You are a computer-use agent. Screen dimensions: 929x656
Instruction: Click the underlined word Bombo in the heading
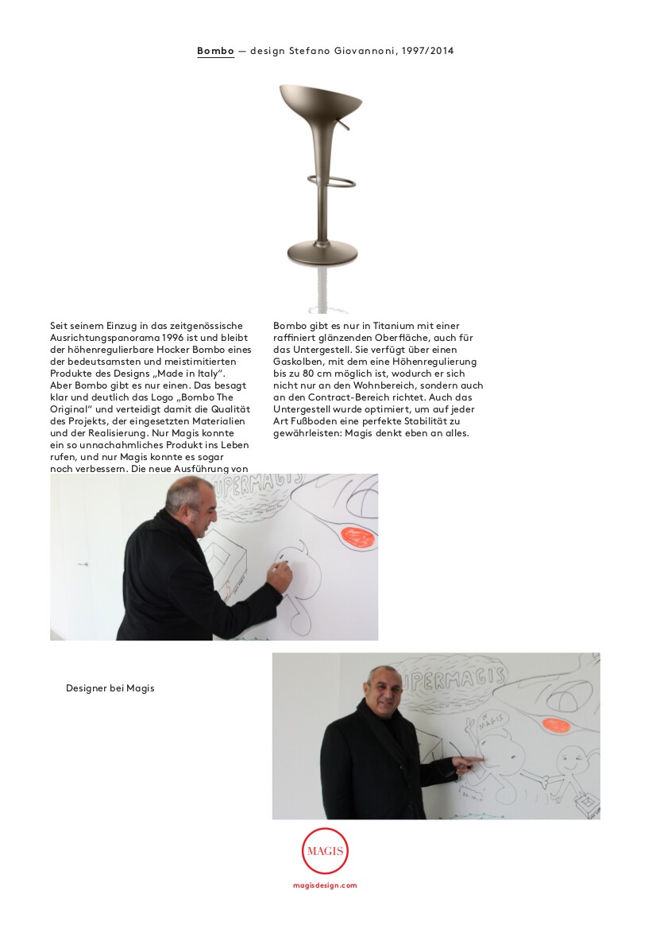point(215,51)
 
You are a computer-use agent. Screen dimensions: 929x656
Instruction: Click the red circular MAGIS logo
point(325,851)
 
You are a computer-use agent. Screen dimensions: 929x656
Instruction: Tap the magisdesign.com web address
point(325,884)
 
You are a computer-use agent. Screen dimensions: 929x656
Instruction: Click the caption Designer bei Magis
point(110,688)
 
